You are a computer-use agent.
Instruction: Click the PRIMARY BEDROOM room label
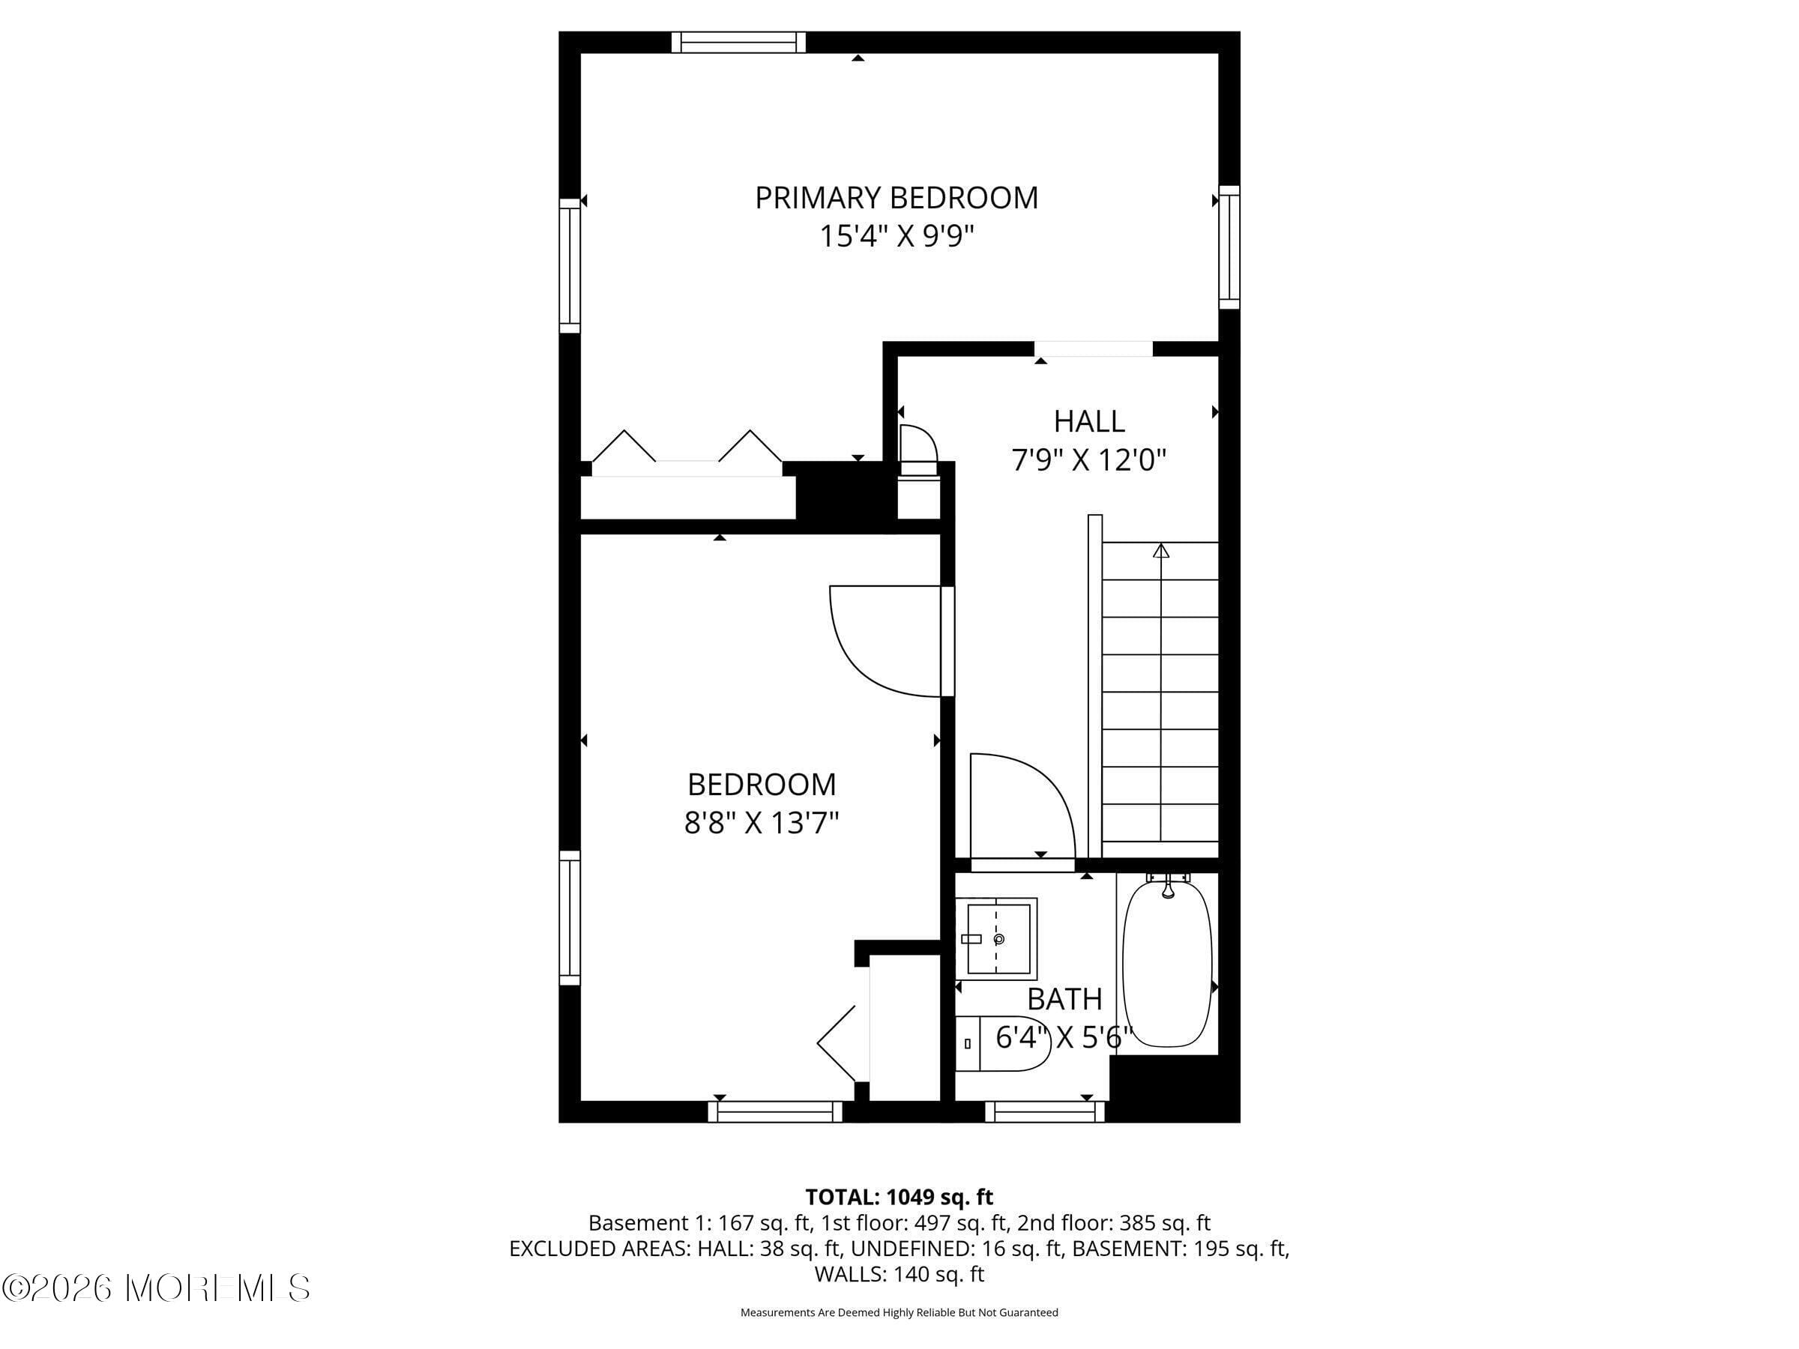point(897,198)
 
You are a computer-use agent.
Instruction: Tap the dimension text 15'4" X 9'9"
point(897,237)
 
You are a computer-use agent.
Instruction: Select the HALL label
point(1089,421)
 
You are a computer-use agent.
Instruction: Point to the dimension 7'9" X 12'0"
point(1089,460)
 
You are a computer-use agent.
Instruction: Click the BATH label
point(1064,998)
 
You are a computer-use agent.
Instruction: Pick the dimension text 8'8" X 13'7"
point(762,824)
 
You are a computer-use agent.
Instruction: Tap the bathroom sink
point(995,938)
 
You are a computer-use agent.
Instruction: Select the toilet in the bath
point(1002,1043)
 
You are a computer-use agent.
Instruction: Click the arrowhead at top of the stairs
point(1160,552)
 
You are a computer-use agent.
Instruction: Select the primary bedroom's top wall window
point(738,42)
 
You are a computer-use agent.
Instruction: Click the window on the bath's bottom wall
point(1045,1111)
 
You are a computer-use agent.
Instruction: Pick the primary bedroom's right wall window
point(1229,247)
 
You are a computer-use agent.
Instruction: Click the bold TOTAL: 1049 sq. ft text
point(899,1197)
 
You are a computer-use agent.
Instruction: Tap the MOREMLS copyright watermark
point(156,1288)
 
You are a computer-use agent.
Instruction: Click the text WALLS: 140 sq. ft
point(899,1274)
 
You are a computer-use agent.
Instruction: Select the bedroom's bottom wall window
point(775,1111)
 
